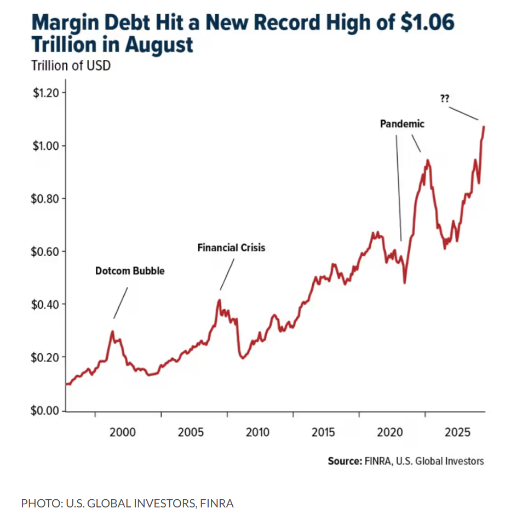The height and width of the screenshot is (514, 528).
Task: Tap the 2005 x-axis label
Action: pos(190,432)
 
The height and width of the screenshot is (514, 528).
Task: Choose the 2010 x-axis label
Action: pos(257,432)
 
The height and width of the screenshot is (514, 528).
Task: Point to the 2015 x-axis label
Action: pos(324,432)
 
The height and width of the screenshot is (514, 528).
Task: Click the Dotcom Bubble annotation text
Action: pos(130,271)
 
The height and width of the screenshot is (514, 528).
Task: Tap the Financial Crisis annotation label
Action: pos(231,248)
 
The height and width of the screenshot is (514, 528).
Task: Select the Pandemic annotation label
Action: pos(402,124)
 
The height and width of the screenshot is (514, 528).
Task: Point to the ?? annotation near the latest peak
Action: pos(445,99)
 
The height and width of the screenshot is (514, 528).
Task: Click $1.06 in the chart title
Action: pos(422,24)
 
